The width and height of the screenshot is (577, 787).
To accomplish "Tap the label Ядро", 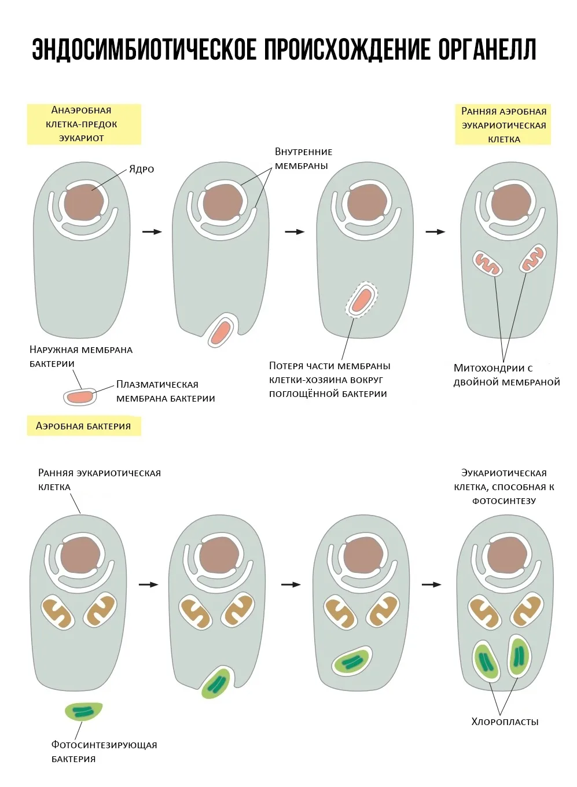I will (x=141, y=169).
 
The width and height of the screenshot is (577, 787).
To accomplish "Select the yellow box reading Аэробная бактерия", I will (x=84, y=426).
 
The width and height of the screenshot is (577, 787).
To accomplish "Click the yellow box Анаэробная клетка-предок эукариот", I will (x=84, y=124).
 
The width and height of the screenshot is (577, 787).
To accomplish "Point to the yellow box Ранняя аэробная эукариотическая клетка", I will (x=504, y=125).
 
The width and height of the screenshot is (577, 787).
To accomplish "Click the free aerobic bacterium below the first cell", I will (x=79, y=397).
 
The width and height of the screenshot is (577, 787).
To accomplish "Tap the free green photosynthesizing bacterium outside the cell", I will (x=83, y=711).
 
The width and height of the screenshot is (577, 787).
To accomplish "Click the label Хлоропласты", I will (x=505, y=722).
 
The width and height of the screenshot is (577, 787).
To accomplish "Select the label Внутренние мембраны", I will (x=303, y=159).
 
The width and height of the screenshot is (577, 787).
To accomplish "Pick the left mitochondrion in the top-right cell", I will (x=487, y=263).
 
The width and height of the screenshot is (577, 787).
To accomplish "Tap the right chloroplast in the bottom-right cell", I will (x=519, y=656).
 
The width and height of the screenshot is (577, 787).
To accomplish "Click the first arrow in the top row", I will (x=152, y=231).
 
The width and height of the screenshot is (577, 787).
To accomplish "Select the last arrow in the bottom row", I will (x=431, y=584).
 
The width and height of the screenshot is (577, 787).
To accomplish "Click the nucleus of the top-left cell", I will (x=84, y=203).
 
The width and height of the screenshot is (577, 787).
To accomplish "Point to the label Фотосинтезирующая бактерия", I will (x=104, y=751).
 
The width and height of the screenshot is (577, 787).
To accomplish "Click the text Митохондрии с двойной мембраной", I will (x=506, y=375).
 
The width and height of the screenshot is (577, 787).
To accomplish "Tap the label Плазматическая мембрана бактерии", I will (x=166, y=391).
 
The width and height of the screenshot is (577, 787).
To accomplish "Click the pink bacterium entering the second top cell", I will (x=220, y=333).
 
